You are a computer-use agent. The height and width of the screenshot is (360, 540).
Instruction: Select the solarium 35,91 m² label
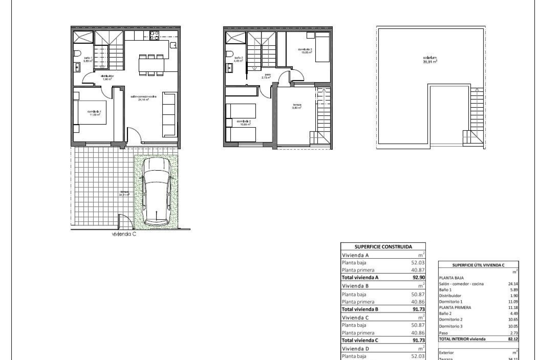click(430, 59)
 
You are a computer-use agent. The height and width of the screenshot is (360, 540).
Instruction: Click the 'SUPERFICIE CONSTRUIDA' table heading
click(383, 247)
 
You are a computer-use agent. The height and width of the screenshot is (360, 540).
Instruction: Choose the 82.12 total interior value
click(513, 339)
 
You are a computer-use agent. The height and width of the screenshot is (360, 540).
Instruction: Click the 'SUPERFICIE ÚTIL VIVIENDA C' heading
click(478, 265)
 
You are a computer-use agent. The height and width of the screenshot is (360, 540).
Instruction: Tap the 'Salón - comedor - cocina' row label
click(461, 284)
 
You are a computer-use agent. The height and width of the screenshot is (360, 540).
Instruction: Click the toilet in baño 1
click(78, 53)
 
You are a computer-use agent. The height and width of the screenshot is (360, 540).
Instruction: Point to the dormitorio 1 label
click(94, 113)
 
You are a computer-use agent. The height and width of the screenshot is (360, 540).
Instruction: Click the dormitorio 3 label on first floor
click(305, 51)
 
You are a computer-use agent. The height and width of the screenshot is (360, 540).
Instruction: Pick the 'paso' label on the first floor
click(267, 76)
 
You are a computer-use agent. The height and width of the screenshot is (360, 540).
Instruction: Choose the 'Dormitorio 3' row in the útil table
click(451, 326)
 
